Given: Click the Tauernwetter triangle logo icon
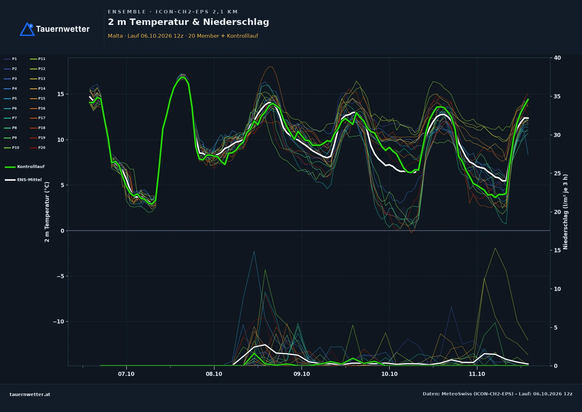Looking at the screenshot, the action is [27, 29].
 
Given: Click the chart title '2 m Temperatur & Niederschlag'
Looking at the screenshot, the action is [189, 22].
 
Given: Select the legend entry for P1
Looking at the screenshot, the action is [11, 59].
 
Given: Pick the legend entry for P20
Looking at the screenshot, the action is [38, 148].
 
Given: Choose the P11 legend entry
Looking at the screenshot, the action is [38, 59].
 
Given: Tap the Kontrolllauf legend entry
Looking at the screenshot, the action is [25, 167].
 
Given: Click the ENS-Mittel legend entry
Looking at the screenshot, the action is [23, 180].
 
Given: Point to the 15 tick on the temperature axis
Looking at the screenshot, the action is [61, 94].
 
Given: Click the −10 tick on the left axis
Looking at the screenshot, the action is [58, 322].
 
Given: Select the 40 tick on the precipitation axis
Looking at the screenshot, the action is [557, 58].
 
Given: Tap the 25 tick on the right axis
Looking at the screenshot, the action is [557, 173].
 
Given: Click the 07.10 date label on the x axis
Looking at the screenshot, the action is [126, 374].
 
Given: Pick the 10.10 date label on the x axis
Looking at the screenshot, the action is [389, 374].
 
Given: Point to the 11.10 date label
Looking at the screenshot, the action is [477, 374].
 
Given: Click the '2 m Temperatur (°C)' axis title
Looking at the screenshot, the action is [47, 212].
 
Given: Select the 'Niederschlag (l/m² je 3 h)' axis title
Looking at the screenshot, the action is [565, 212].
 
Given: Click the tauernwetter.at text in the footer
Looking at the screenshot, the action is [30, 394].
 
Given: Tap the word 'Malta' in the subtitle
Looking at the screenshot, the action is [115, 36].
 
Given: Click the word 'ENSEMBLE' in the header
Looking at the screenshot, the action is [127, 12].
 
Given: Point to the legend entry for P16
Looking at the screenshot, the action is [38, 108].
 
